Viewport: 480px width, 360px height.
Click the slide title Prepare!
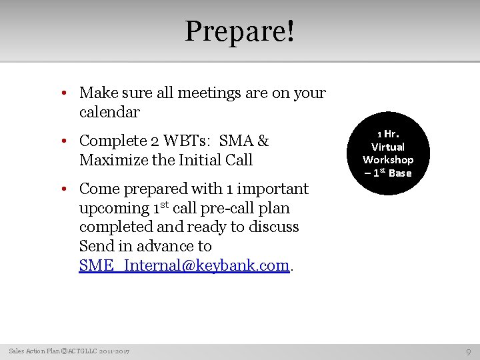point(239,31)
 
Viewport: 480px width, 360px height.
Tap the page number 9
point(469,351)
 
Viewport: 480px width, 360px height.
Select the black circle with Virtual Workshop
point(388,153)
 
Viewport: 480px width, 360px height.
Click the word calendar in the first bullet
point(109,112)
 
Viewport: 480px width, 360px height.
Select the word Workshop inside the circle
point(388,159)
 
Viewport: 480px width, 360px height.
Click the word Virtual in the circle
point(388,146)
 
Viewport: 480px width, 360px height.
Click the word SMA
point(236,141)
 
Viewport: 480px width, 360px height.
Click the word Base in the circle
point(400,173)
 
